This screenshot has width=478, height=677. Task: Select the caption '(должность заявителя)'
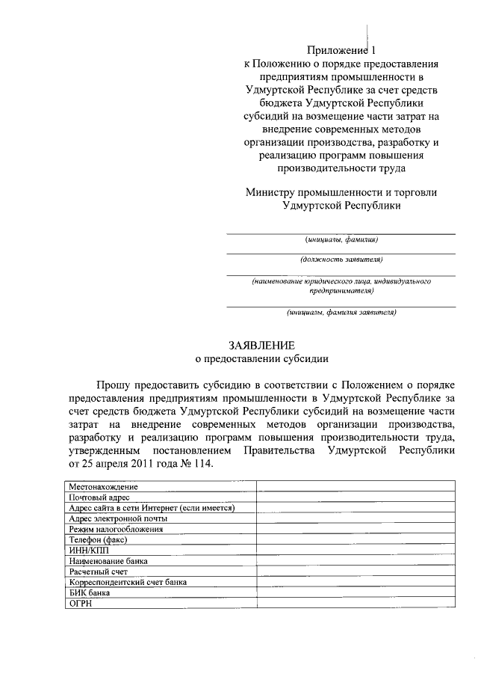pos(341,260)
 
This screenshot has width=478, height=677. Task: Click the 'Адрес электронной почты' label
pos(118,518)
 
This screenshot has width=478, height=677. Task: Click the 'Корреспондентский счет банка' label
pos(128,581)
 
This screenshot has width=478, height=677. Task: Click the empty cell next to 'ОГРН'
pos(356,603)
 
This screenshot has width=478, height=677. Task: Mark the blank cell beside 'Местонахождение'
pos(356,486)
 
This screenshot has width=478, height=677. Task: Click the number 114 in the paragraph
pos(201,464)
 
